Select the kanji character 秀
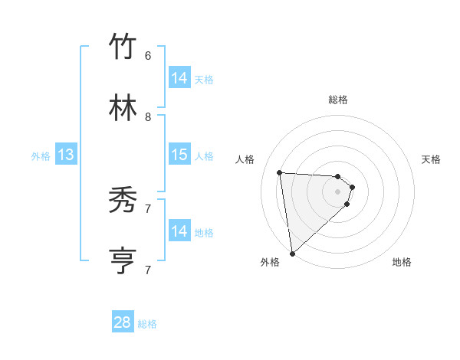tap(123, 200)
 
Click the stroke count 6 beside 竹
tap(148, 55)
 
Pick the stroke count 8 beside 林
tap(148, 116)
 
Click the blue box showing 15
tap(179, 155)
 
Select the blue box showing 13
tap(65, 155)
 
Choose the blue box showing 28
tap(123, 322)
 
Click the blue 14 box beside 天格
tap(179, 78)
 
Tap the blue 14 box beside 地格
tap(179, 231)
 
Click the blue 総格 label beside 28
tap(147, 324)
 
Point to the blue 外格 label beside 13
tap(41, 156)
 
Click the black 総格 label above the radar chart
tap(338, 100)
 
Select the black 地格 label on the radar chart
tap(402, 262)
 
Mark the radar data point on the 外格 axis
tap(291, 253)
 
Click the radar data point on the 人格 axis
tap(280, 172)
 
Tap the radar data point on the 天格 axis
tap(353, 187)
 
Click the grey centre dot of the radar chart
tap(338, 201)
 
